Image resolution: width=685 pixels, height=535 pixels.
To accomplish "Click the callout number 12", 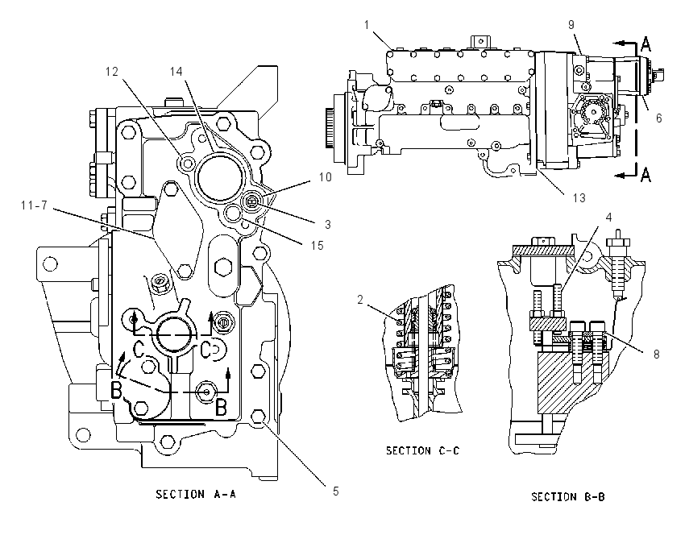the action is pyautogui.click(x=112, y=71).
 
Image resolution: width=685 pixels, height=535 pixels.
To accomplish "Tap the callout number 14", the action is pyautogui.click(x=176, y=71).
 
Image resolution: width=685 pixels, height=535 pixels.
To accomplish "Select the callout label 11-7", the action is pyautogui.click(x=34, y=205).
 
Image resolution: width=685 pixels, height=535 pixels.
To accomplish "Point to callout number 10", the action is pyautogui.click(x=325, y=177).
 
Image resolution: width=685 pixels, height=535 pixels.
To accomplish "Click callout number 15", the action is pyautogui.click(x=318, y=246).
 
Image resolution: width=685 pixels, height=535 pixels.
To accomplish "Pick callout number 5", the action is pyautogui.click(x=335, y=491).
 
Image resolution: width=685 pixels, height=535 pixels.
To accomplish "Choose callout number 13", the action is pyautogui.click(x=579, y=198).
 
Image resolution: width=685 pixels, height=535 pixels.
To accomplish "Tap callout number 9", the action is pyautogui.click(x=571, y=24).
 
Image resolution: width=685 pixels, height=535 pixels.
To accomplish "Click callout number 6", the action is pyautogui.click(x=658, y=118).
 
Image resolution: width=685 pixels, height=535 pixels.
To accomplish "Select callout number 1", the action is pyautogui.click(x=367, y=25).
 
